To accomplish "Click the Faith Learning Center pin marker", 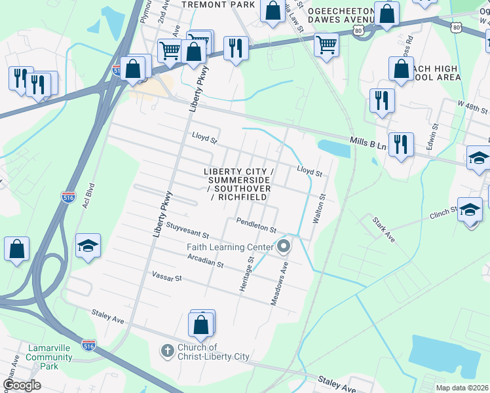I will (284, 247).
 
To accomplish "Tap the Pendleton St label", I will (257, 225).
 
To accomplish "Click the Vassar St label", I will (166, 278).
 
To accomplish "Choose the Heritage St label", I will (250, 274).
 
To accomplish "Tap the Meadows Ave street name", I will (280, 283).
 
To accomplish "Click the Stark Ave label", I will (383, 229).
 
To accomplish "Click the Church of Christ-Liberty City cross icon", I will (167, 352).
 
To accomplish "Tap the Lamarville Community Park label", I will (49, 357).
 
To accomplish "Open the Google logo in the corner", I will (22, 384).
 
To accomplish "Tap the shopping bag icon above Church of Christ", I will (200, 324).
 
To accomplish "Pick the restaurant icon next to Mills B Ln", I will (401, 144).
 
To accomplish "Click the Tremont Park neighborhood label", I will (208, 4).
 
